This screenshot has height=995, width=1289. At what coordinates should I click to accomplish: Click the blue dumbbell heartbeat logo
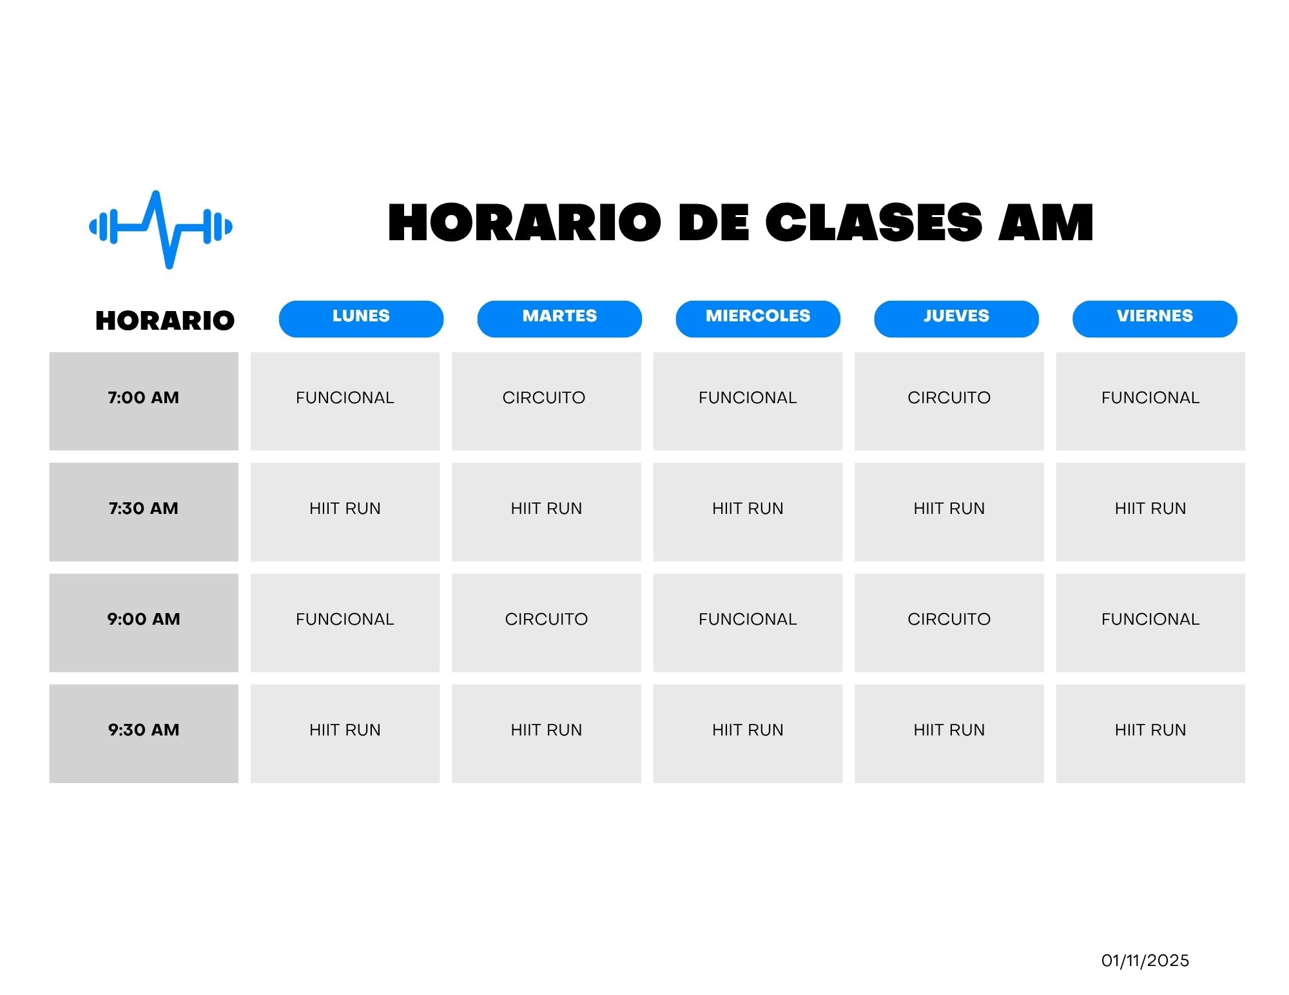pyautogui.click(x=160, y=229)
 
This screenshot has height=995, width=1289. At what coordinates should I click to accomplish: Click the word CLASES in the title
pyautogui.click(x=873, y=223)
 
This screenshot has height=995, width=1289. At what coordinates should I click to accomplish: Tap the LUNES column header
pyautogui.click(x=361, y=319)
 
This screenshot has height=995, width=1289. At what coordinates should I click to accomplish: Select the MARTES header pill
pyautogui.click(x=559, y=319)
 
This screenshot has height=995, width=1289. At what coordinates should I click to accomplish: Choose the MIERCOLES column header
pyautogui.click(x=758, y=319)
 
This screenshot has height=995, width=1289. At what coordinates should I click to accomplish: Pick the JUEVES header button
pyautogui.click(x=956, y=319)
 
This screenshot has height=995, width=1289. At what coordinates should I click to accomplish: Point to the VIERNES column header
pyautogui.click(x=1155, y=319)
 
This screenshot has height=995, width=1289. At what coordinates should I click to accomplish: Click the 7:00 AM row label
pyautogui.click(x=144, y=401)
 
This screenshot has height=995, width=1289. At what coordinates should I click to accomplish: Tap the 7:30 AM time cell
pyautogui.click(x=144, y=512)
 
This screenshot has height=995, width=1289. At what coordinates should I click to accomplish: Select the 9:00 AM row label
pyautogui.click(x=144, y=623)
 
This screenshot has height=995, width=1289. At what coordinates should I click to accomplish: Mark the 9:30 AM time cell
pyautogui.click(x=144, y=734)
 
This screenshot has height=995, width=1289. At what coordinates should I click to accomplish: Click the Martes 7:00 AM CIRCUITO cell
pyautogui.click(x=547, y=401)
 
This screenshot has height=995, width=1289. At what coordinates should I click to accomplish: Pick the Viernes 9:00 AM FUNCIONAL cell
pyautogui.click(x=1150, y=623)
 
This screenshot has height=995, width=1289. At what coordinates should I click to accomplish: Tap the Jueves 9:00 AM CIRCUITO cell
pyautogui.click(x=949, y=623)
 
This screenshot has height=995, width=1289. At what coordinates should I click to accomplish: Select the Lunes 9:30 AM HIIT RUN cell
pyautogui.click(x=345, y=734)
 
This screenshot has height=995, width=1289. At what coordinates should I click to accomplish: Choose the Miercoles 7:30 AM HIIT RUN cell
pyautogui.click(x=748, y=512)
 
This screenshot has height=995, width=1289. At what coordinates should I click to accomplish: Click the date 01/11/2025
pyautogui.click(x=1145, y=961)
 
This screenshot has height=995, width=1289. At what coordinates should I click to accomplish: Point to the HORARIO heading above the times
pyautogui.click(x=165, y=321)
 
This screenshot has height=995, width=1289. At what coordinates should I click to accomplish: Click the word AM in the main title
pyautogui.click(x=1045, y=223)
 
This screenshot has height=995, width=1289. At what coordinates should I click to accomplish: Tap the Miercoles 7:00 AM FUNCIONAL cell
pyautogui.click(x=748, y=401)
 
